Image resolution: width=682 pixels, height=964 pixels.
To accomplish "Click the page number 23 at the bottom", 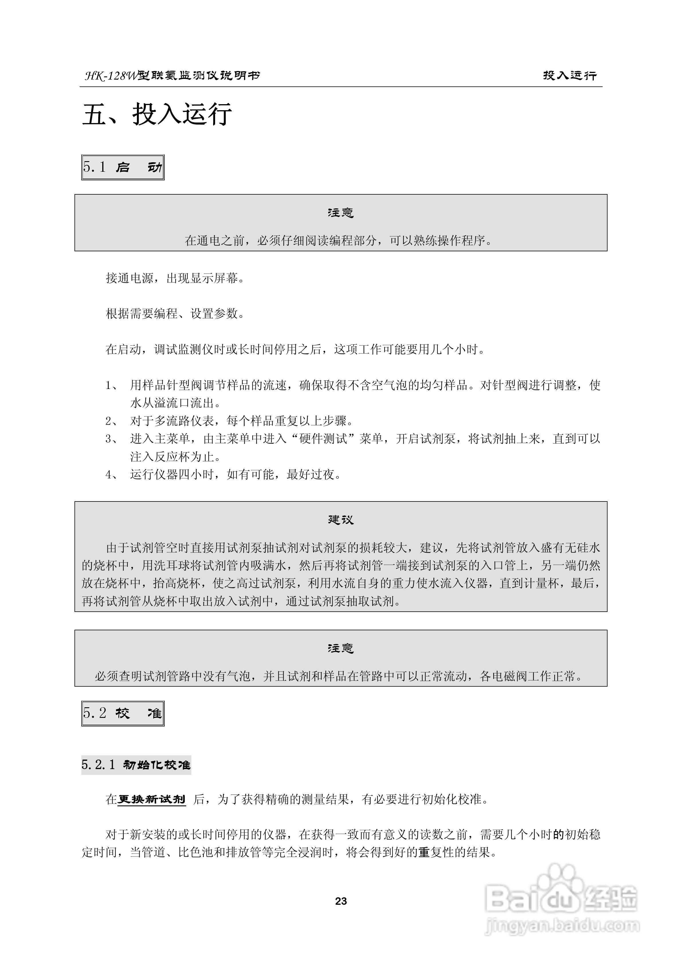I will [x=341, y=901].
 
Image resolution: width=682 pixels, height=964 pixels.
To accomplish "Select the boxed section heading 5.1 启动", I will [x=123, y=167].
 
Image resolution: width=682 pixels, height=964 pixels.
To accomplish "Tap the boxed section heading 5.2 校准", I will [x=123, y=713].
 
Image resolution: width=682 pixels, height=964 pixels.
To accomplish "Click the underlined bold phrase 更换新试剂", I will [x=151, y=799].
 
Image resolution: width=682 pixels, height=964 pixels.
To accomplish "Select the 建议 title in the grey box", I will [x=341, y=520].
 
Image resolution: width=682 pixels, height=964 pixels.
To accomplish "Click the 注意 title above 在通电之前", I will [x=341, y=213].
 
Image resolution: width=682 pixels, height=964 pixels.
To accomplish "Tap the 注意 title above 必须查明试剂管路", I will [x=341, y=648].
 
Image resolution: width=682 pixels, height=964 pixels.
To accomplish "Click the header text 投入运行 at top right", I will [x=569, y=76].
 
